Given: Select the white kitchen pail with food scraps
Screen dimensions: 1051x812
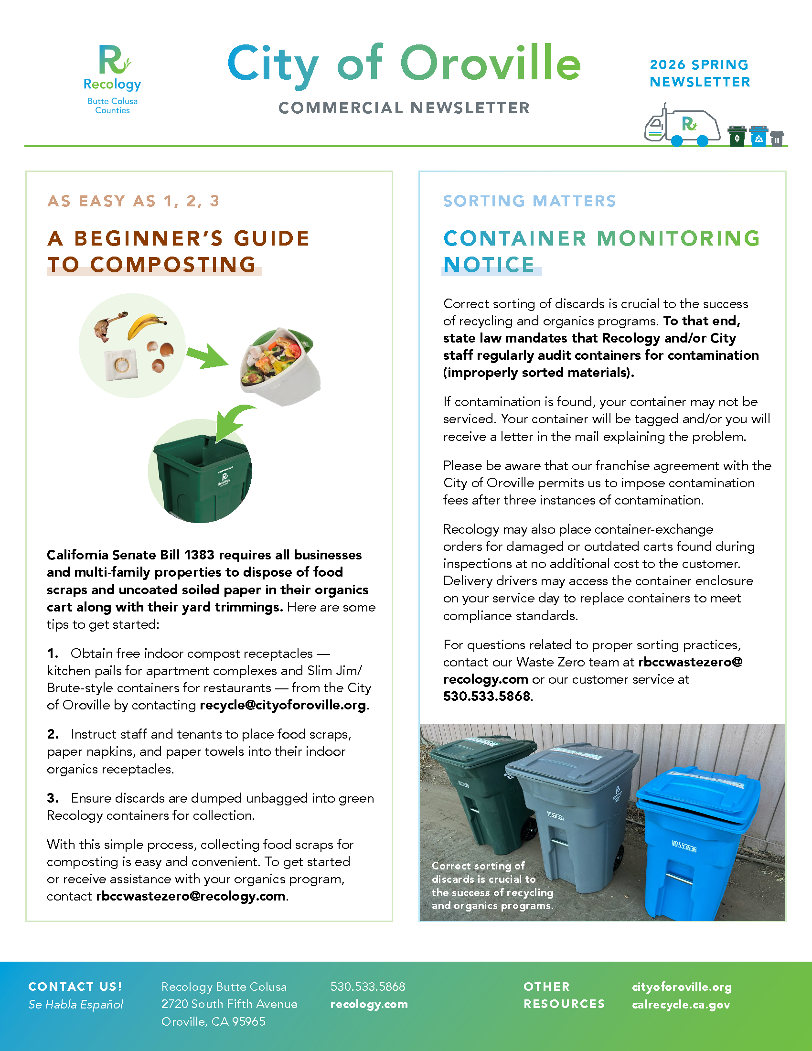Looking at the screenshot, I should (279, 366).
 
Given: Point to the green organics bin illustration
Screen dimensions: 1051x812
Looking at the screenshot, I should (202, 476).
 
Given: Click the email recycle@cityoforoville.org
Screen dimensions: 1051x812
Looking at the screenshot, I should (283, 705).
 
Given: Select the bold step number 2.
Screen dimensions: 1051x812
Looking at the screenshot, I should (53, 734).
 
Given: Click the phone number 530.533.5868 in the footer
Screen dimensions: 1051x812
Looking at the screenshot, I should (367, 987).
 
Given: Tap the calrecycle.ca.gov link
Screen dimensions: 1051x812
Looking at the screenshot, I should (681, 1004).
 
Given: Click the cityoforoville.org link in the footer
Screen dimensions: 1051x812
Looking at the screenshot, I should (682, 987).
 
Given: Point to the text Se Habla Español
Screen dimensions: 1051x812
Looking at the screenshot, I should (75, 1004).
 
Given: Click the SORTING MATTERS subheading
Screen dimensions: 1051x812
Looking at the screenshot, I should (529, 201).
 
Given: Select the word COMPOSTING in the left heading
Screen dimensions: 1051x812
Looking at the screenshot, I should (173, 264).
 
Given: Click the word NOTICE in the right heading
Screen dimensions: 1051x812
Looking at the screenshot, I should (489, 264).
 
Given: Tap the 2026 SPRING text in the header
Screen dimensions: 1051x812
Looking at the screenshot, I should (699, 64).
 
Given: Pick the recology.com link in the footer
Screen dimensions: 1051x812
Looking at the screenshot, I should (369, 1004).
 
